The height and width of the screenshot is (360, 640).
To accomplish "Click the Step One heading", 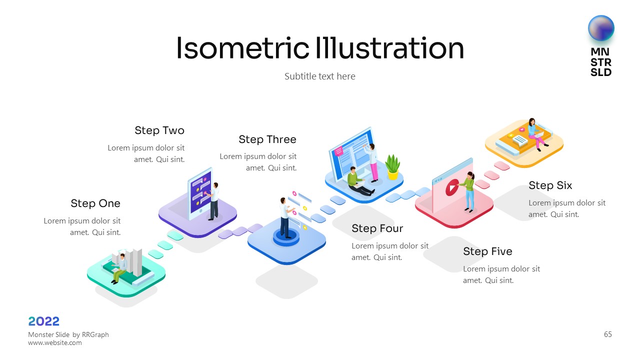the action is coord(95,203).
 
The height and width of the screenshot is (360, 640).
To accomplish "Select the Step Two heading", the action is coord(159,130).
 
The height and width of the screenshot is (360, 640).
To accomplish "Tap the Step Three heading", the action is coord(267,139).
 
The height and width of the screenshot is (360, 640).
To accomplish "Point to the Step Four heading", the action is coord(377,228).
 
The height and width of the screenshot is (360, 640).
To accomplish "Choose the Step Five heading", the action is coord(487,251).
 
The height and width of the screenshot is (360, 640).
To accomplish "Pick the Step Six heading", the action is coord(550,185).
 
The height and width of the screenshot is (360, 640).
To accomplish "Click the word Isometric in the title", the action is coord(242,48).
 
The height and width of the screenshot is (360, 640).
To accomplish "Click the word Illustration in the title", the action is coord(389,48).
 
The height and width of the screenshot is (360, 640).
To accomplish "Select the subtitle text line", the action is coord(319,76).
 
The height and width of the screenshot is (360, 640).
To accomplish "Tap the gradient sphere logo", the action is coord(601,28).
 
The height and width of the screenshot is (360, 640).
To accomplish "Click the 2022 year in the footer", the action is coord(43,321).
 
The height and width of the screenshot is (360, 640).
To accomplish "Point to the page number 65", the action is coord(607,334).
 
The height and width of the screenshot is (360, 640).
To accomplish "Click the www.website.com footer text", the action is coord(55,342).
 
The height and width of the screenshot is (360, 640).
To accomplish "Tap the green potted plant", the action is coord(392,167).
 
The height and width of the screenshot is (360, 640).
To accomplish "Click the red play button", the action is coord(451,187).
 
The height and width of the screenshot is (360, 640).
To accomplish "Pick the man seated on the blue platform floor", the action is coord(358,181).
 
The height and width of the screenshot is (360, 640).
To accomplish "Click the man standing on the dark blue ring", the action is coord(285,217).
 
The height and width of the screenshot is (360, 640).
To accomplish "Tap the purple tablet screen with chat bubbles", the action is coord(201,191).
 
